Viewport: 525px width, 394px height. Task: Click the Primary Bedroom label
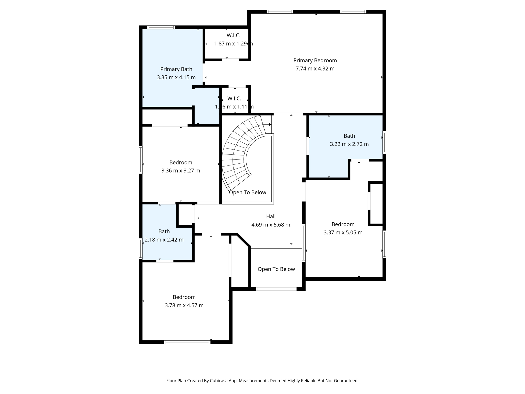(x=315, y=60)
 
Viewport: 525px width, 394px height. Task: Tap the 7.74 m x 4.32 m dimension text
(x=315, y=68)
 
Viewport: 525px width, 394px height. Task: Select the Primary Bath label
(x=176, y=69)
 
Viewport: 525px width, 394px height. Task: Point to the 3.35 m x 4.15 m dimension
(x=176, y=77)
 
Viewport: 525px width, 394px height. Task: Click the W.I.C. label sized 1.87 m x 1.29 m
(x=233, y=35)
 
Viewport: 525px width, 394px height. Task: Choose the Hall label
(x=271, y=216)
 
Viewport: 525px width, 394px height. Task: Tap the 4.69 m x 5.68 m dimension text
(x=271, y=225)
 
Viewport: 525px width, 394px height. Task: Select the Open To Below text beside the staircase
(x=247, y=192)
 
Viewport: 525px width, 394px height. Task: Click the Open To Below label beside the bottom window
(x=276, y=269)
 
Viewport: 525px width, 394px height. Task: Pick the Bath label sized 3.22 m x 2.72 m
(x=349, y=136)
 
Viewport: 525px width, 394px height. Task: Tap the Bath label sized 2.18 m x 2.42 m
(x=164, y=231)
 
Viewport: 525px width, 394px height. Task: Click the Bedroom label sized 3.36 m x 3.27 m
(x=180, y=162)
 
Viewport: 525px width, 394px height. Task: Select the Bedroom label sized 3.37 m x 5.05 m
(x=343, y=224)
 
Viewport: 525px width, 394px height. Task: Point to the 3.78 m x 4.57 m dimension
(x=184, y=305)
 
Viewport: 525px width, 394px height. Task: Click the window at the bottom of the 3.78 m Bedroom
(x=187, y=342)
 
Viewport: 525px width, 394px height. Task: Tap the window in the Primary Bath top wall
(x=161, y=27)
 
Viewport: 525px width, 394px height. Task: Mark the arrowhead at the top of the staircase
(x=270, y=124)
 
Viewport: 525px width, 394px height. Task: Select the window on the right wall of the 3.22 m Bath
(x=384, y=142)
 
